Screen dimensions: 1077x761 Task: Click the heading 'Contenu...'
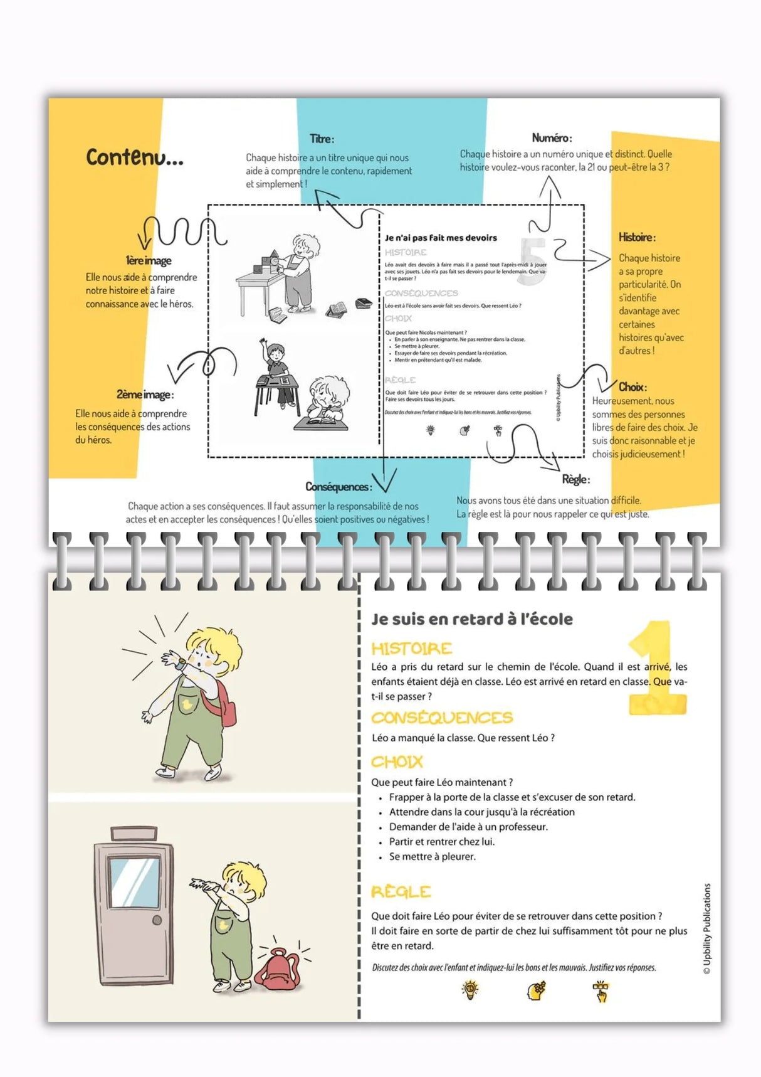coord(134,157)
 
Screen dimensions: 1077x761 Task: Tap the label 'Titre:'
coord(322,139)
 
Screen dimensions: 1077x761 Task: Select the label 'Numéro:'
coord(552,138)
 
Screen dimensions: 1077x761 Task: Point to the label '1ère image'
coord(149,260)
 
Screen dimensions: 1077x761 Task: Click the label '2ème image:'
coord(145,395)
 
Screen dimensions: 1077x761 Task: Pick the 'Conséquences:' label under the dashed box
coord(339,487)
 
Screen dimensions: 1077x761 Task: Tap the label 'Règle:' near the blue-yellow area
coord(575,479)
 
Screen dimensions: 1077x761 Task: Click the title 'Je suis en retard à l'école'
coord(471,619)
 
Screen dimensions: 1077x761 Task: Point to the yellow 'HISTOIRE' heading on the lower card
coord(411,649)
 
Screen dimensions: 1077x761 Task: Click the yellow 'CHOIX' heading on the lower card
coord(397,762)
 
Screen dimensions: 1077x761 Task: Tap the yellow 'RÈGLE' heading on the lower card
coord(401,891)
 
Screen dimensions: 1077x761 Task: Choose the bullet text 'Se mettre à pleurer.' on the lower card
coord(432,857)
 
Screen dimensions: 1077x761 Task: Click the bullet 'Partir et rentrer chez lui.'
coord(441,842)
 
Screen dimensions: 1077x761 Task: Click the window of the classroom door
coord(134,881)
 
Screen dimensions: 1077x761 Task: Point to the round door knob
coord(157,921)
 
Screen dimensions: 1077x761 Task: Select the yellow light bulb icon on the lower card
coord(470,990)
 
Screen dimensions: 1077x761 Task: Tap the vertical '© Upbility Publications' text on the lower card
coord(707,928)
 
